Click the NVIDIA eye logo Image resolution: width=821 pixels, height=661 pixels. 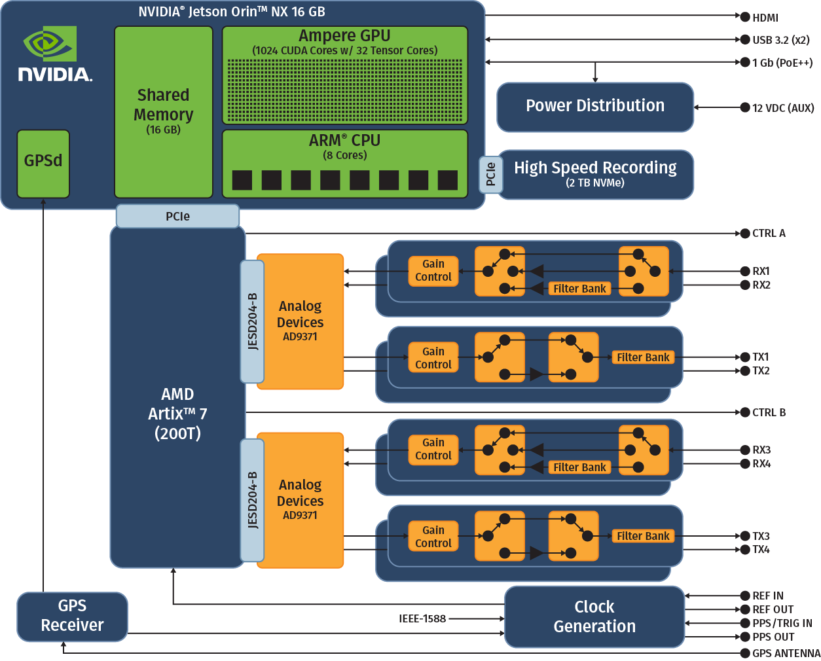click(x=50, y=44)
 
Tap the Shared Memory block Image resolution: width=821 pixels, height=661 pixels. click(x=163, y=112)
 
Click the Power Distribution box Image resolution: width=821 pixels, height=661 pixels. click(x=594, y=107)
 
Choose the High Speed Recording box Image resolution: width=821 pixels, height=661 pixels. click(x=595, y=174)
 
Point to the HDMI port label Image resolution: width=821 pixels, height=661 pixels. click(x=765, y=18)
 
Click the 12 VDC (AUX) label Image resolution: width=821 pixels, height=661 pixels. click(x=783, y=108)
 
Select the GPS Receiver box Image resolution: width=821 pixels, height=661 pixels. click(x=72, y=616)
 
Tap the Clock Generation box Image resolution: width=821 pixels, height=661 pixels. click(x=594, y=616)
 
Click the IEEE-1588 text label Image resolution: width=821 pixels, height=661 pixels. click(x=422, y=618)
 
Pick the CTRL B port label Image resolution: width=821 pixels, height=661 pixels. click(x=769, y=412)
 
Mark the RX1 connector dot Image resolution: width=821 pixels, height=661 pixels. click(x=745, y=271)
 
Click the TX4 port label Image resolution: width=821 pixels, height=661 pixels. click(x=761, y=550)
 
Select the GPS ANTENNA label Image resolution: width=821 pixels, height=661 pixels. click(x=786, y=653)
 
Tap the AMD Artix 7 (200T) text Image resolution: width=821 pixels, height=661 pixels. click(x=177, y=414)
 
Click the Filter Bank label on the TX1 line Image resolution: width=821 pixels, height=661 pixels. click(x=643, y=357)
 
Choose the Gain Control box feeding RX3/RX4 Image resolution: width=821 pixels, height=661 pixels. click(x=433, y=450)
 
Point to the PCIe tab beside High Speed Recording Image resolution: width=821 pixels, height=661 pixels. click(x=490, y=175)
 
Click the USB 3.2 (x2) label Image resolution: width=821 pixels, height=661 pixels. click(x=780, y=40)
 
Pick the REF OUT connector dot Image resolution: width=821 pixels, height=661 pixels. click(x=745, y=609)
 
